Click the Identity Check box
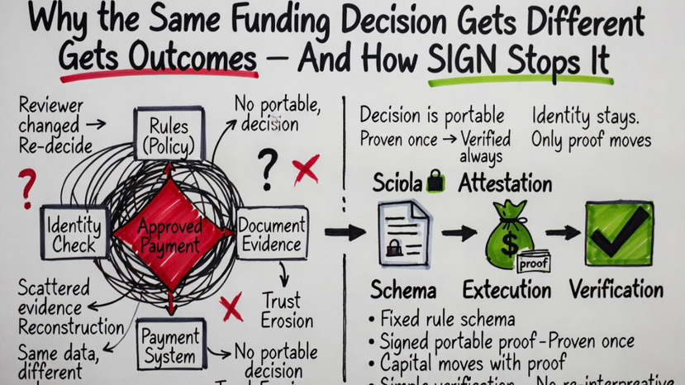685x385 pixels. click(x=74, y=233)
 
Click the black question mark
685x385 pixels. click(x=266, y=169)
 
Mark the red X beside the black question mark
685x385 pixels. click(x=305, y=169)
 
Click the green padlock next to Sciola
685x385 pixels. click(x=435, y=183)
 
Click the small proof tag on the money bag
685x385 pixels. click(x=533, y=264)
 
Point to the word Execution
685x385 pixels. click(x=507, y=289)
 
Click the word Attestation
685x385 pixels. click(x=505, y=183)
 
